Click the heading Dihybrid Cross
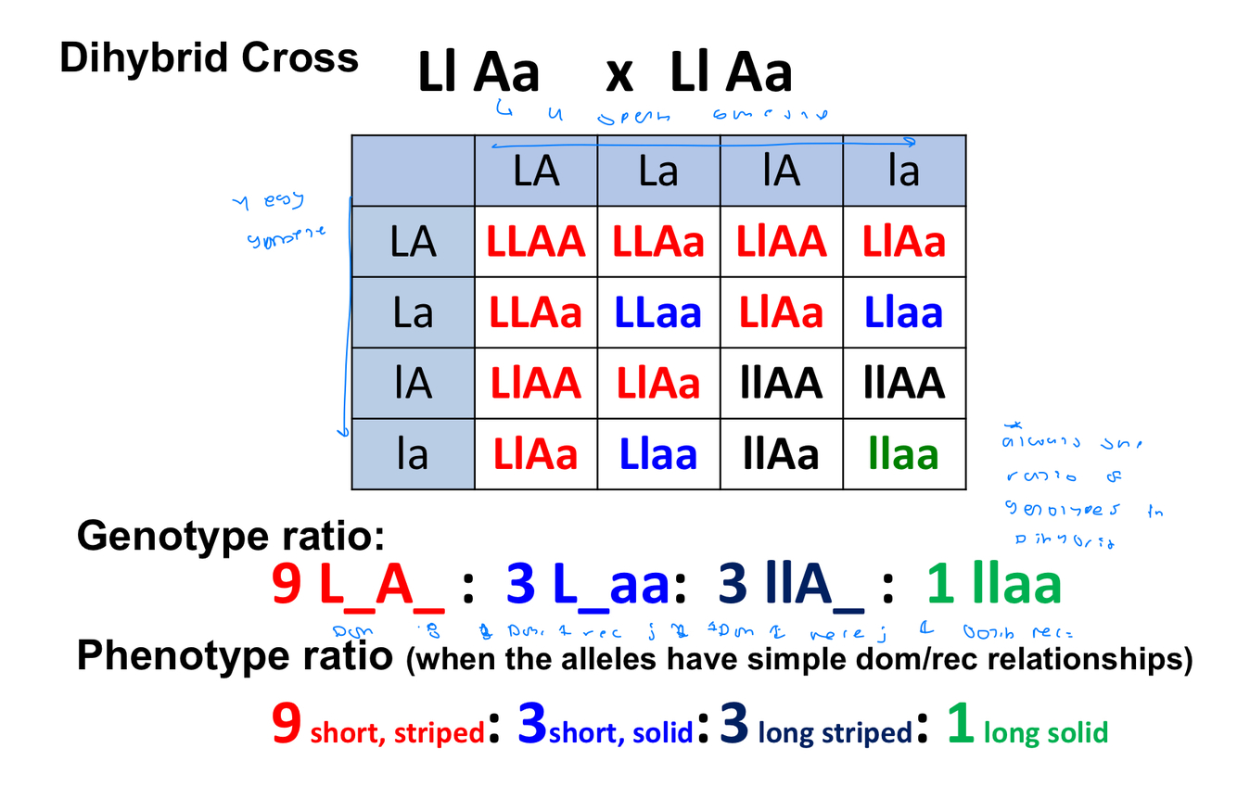209,57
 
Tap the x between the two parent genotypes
618,74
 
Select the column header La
658,171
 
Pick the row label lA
413,383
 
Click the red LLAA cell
536,242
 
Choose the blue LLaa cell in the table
658,313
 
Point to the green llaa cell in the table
903,454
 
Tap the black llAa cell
781,454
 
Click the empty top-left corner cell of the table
413,171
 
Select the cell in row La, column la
903,313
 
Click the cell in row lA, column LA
536,383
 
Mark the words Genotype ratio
230,535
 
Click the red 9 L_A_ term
358,586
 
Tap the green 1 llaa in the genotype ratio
993,586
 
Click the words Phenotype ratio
234,656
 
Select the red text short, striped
397,732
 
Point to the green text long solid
1045,733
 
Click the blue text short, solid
620,733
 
